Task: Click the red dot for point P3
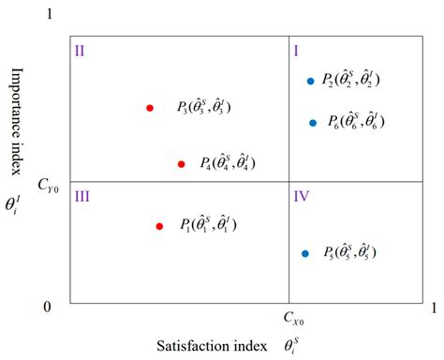[150, 108]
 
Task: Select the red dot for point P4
[181, 164]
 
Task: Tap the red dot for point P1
[159, 226]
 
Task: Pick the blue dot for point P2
[310, 81]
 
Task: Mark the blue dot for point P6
[314, 123]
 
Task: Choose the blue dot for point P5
[305, 253]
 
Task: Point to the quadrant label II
[81, 50]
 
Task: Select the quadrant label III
[82, 196]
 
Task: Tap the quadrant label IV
[302, 196]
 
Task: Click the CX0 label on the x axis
[293, 320]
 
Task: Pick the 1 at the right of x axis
[433, 307]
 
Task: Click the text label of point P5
[351, 253]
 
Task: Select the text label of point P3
[203, 108]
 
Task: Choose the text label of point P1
[208, 226]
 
